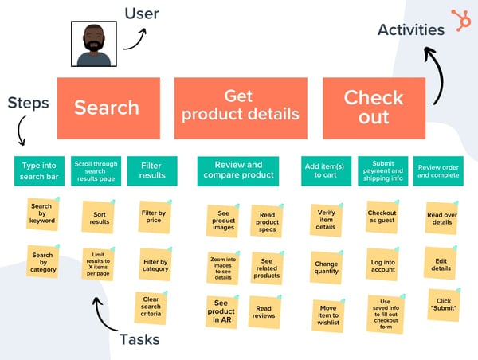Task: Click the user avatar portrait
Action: tap(94, 45)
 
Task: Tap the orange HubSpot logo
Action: tap(460, 19)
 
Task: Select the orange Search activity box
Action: tap(107, 108)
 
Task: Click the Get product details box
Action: tap(240, 108)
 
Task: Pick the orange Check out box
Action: tap(374, 108)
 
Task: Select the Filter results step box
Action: tap(151, 170)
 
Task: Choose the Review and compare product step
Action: tap(238, 170)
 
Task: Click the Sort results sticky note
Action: tap(100, 217)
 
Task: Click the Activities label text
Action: tap(411, 30)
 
